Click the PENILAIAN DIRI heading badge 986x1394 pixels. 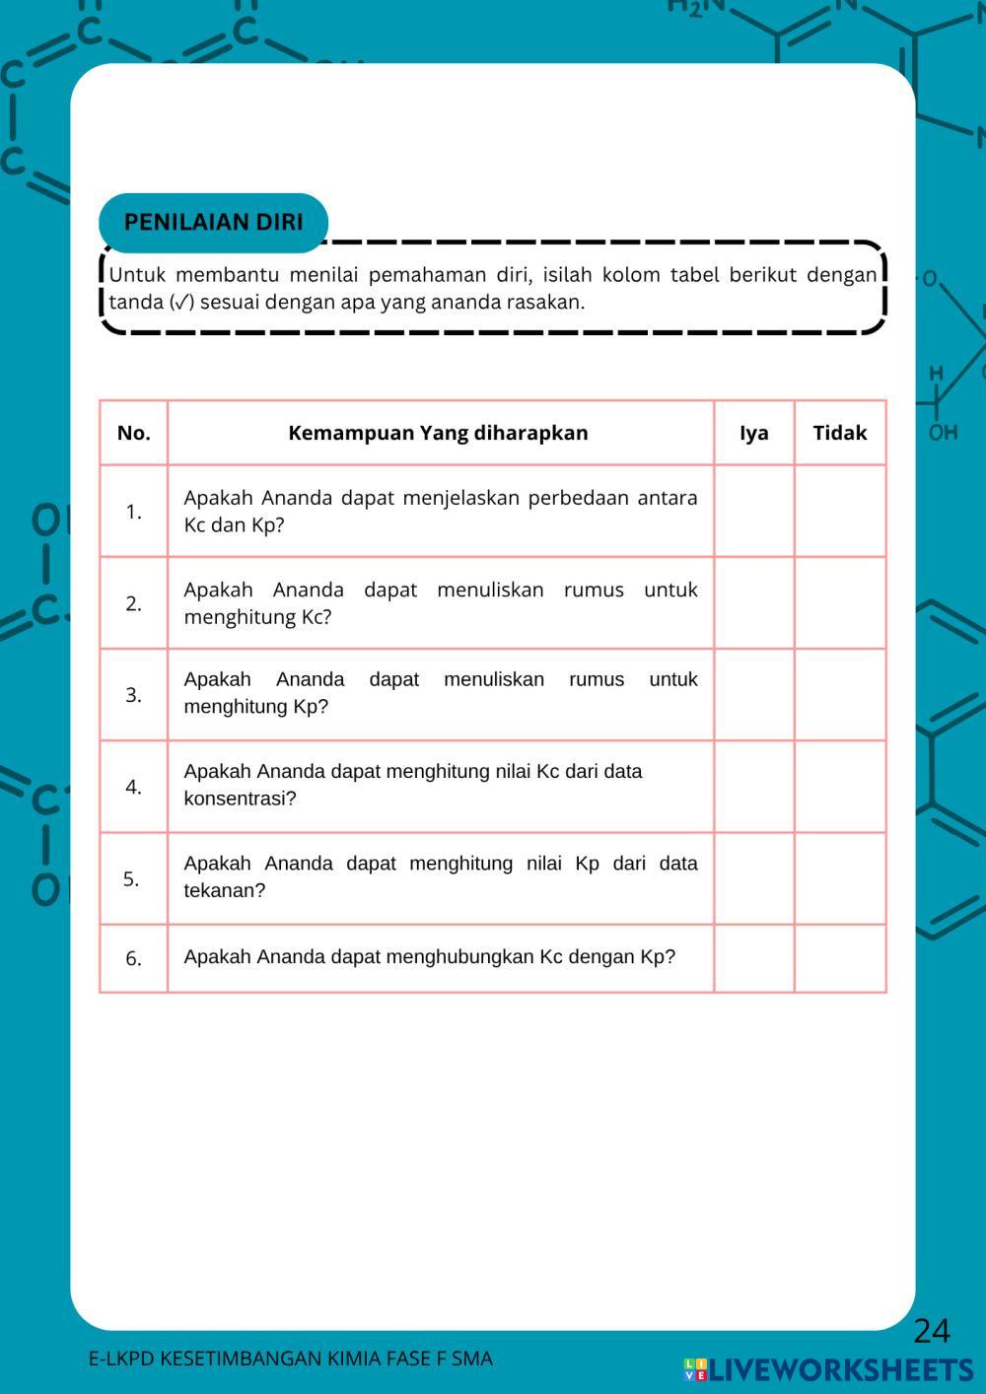(x=213, y=222)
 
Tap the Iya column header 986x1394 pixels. (x=753, y=433)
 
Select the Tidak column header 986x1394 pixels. (x=839, y=433)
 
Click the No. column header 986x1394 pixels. (x=133, y=433)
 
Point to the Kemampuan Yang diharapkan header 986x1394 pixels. (x=438, y=433)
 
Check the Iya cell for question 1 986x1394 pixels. (x=753, y=511)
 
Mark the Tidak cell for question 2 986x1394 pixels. (x=839, y=602)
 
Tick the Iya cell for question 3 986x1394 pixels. (x=753, y=694)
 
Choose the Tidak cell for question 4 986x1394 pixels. (x=839, y=786)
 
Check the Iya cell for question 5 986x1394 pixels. (x=753, y=877)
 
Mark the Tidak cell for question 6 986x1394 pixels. (x=839, y=957)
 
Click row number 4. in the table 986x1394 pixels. (x=133, y=787)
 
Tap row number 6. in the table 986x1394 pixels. (x=133, y=958)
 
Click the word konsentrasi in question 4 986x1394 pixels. (x=237, y=799)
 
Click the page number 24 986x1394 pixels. (x=931, y=1331)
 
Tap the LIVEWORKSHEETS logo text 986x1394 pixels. (x=840, y=1369)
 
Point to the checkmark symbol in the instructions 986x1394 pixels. (x=181, y=303)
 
